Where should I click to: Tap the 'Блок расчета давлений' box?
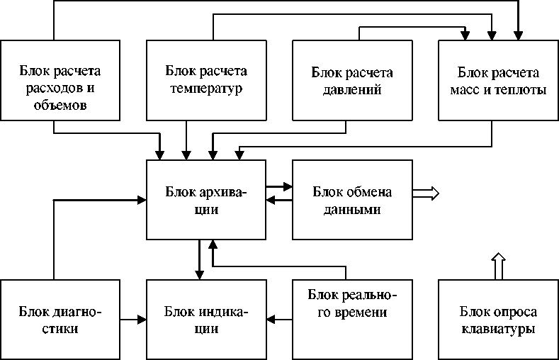(x=352, y=80)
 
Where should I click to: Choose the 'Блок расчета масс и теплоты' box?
(x=498, y=80)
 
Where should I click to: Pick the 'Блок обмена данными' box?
(x=352, y=200)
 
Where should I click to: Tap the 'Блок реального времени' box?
(x=352, y=320)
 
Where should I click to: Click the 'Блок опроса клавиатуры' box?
(x=498, y=320)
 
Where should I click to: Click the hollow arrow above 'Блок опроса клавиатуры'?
(x=498, y=266)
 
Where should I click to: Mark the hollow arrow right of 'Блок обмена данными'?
(x=427, y=192)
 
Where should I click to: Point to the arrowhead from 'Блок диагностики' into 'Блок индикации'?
(x=142, y=320)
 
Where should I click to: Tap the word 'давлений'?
(x=352, y=90)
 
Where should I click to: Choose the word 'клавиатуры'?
(x=498, y=330)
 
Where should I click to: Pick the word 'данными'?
(x=352, y=210)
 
